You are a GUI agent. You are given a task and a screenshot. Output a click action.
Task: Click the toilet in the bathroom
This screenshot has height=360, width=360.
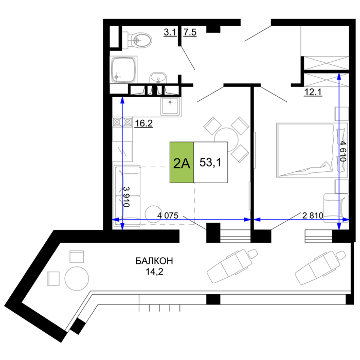tap(137, 41)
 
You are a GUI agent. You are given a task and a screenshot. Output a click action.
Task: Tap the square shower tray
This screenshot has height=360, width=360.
tap(124, 69)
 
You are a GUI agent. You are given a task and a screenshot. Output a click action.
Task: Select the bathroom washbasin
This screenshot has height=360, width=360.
tap(158, 78)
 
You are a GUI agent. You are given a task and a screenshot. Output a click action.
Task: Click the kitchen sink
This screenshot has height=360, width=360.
tap(170, 106)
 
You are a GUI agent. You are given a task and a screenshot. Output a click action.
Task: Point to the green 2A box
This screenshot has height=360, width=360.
tap(182, 163)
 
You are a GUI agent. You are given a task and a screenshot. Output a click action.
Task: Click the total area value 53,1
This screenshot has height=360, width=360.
tap(210, 163)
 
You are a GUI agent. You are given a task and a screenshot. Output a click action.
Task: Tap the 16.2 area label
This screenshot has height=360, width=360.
tap(143, 123)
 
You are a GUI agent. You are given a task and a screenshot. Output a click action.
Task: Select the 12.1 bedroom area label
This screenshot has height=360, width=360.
tap(313, 92)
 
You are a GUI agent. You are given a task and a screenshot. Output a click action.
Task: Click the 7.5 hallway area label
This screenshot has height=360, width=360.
tap(190, 32)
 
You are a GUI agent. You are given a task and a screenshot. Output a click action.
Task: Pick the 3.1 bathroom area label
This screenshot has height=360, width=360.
tap(170, 32)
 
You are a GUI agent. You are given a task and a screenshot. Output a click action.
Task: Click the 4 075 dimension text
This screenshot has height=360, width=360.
tap(168, 215)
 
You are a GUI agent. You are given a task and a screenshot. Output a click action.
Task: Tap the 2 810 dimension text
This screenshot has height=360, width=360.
tap(313, 215)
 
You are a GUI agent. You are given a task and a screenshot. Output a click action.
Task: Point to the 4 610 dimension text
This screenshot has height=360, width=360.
tap(343, 152)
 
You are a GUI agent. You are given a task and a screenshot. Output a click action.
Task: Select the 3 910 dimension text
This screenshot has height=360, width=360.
tap(127, 196)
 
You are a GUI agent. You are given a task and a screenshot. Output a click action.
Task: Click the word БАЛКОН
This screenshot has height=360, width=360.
tap(154, 261)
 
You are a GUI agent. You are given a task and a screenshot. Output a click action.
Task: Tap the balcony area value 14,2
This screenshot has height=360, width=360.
tap(154, 272)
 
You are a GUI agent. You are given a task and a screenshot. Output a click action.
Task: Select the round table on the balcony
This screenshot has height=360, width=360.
tap(77, 279)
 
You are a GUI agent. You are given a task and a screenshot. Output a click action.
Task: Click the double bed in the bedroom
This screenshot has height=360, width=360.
tap(312, 150)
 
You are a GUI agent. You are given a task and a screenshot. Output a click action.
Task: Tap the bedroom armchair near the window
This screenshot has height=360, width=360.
tap(336, 208)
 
